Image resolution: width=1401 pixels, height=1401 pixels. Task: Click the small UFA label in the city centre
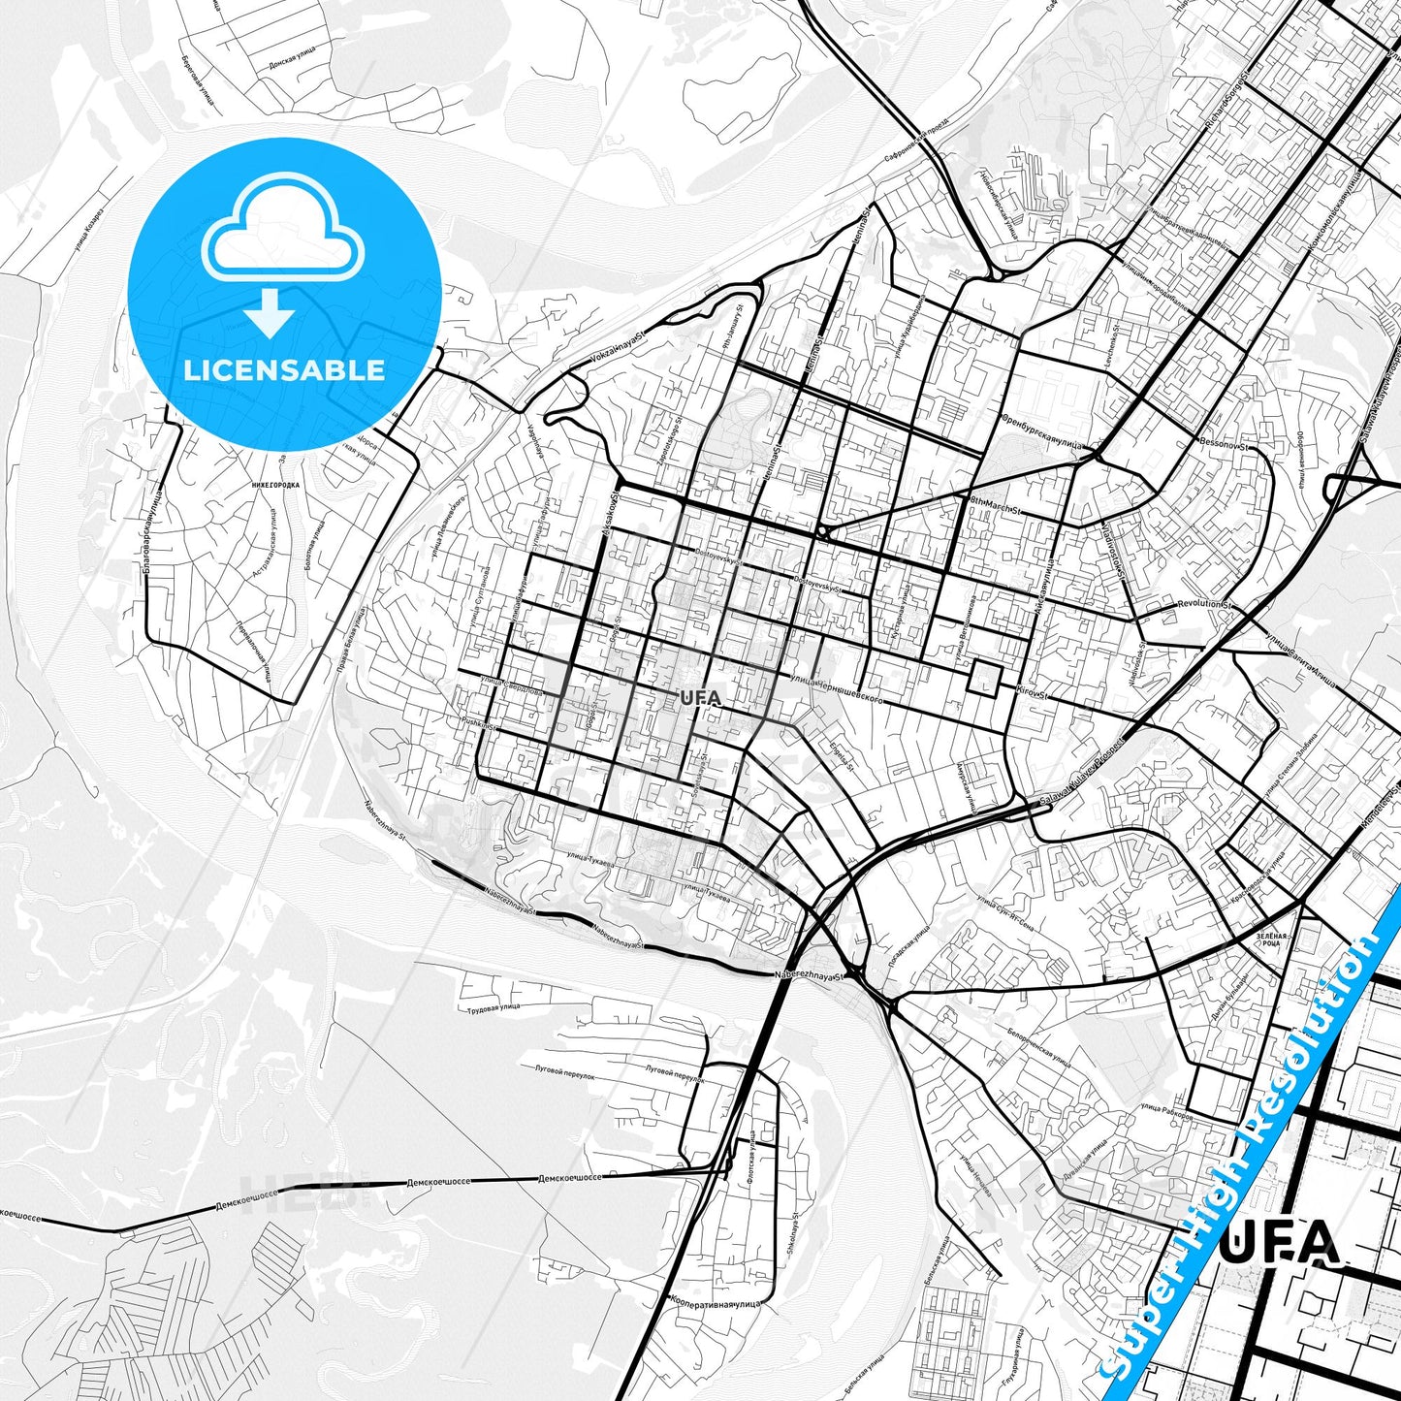(x=700, y=697)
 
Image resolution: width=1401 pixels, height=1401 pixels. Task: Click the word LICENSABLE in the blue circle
(x=284, y=370)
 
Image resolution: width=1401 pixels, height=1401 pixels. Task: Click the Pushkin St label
(x=479, y=723)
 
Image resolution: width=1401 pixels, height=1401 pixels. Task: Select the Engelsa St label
(x=843, y=754)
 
